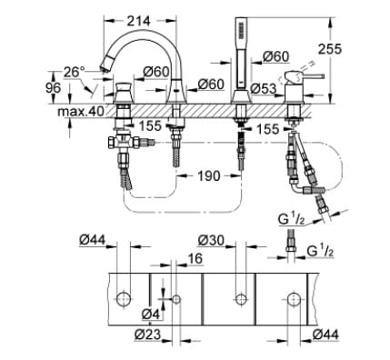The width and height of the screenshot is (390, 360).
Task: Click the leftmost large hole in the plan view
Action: (125, 298)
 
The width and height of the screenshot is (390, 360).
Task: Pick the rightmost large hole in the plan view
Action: (295, 298)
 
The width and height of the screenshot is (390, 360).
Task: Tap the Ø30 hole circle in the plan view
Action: (240, 298)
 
